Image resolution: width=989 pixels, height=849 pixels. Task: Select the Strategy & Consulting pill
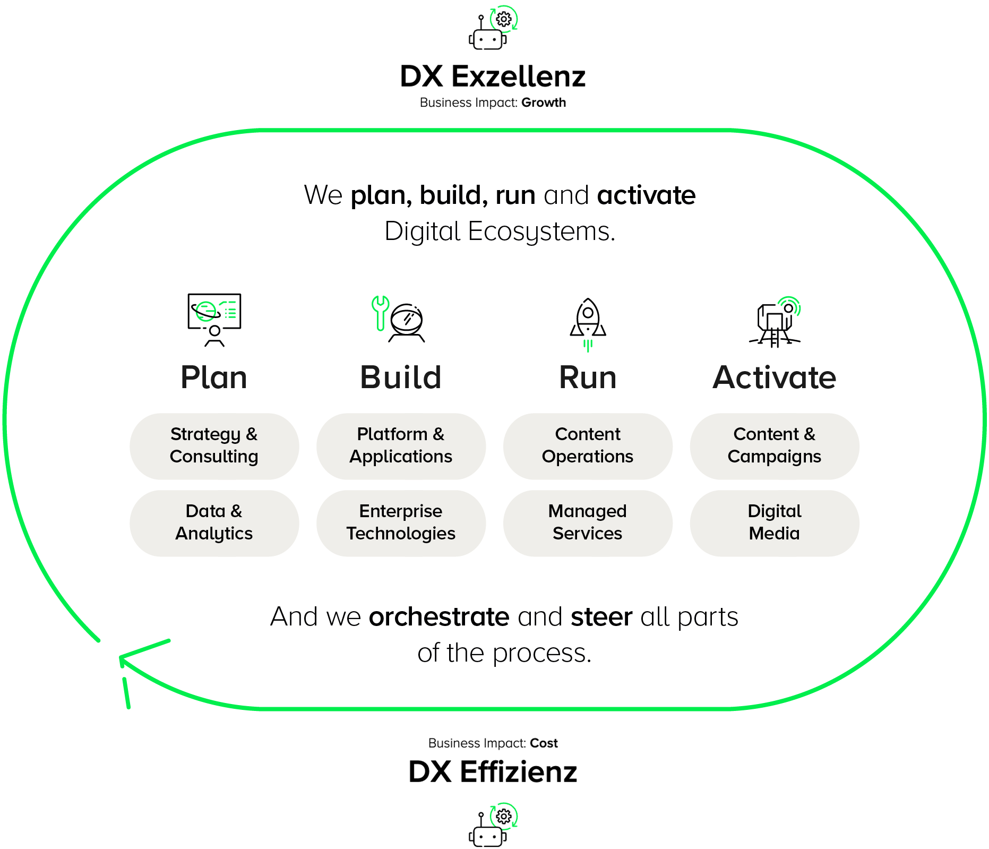[214, 446]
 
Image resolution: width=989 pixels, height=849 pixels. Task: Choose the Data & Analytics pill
[214, 523]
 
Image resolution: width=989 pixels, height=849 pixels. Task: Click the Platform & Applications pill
[401, 446]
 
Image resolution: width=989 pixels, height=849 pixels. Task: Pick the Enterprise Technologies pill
[401, 523]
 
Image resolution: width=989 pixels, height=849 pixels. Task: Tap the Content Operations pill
[588, 446]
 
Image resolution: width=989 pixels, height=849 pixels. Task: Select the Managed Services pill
[588, 523]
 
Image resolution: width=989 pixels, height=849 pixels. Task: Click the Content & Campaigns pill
[775, 446]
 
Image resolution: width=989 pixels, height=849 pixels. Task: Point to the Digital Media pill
[775, 523]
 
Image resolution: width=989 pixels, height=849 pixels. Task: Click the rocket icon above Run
[588, 321]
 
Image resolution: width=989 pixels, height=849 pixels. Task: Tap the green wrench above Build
[380, 312]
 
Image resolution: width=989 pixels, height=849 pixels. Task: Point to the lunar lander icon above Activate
[775, 323]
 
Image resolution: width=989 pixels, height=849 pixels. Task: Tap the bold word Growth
[544, 102]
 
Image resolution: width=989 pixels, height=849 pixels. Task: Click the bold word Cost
[544, 743]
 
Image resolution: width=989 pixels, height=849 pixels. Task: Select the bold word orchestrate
[439, 617]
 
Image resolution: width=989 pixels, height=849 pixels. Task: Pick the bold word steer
[601, 617]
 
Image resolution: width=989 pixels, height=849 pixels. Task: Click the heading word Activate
[775, 378]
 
